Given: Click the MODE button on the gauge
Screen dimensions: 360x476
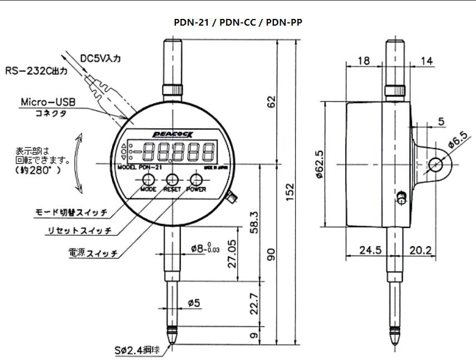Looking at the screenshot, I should point(148,180).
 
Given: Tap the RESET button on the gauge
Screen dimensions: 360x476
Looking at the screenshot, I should point(172,180).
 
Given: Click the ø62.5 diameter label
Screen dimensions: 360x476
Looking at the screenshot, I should point(320,165).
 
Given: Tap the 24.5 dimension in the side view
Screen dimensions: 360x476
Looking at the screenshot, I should point(370,250).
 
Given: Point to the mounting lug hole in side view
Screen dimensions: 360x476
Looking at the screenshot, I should point(436,165).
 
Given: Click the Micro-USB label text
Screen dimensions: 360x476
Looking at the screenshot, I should point(48,103).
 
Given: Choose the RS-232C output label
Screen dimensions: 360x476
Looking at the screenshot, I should point(36,71).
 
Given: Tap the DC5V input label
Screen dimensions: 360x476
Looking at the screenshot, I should point(104,57).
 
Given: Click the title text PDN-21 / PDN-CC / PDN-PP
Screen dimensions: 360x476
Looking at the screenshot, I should point(238,22).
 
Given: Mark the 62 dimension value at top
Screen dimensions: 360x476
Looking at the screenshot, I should point(271,102).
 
